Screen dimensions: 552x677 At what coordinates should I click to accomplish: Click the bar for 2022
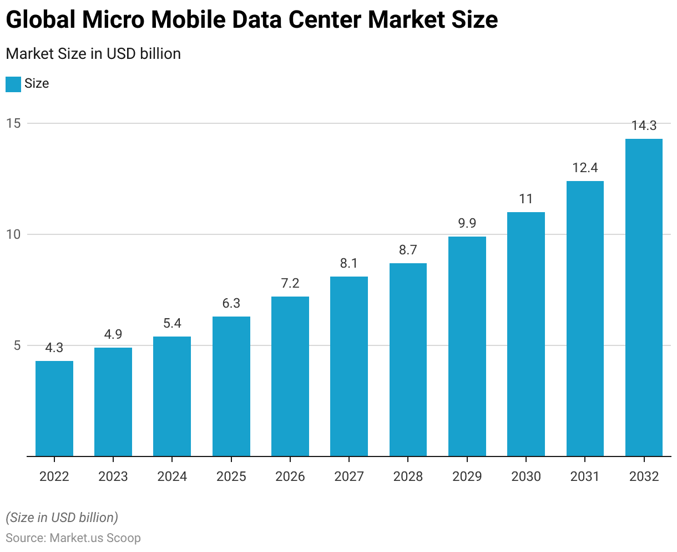tap(54, 409)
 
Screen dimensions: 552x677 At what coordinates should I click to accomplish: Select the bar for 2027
tap(349, 367)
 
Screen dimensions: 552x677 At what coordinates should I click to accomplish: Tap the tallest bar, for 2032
tap(644, 298)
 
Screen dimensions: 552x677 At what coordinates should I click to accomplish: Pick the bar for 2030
tap(526, 334)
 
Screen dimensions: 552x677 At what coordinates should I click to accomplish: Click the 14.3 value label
tap(644, 126)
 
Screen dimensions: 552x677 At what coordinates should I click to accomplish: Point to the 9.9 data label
tap(467, 223)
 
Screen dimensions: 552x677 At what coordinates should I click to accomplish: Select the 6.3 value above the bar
tap(231, 303)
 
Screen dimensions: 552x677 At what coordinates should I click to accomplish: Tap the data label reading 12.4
tap(585, 168)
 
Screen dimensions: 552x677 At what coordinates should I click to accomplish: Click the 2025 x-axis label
tap(231, 476)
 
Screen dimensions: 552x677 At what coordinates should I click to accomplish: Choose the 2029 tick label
tap(467, 476)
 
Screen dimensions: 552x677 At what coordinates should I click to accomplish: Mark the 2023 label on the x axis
tap(113, 476)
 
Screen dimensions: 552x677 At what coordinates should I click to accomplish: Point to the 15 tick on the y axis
tap(13, 123)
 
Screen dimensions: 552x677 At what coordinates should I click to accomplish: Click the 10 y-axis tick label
tap(13, 234)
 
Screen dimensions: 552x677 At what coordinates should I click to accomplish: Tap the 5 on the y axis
tap(17, 345)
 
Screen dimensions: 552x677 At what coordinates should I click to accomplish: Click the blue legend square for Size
tap(13, 84)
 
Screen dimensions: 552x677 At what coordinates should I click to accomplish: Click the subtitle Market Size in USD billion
tap(93, 54)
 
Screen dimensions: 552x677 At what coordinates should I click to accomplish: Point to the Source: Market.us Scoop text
tap(73, 538)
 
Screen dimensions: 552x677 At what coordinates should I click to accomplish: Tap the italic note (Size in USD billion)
tap(62, 518)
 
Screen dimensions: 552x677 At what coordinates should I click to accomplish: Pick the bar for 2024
tap(172, 397)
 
